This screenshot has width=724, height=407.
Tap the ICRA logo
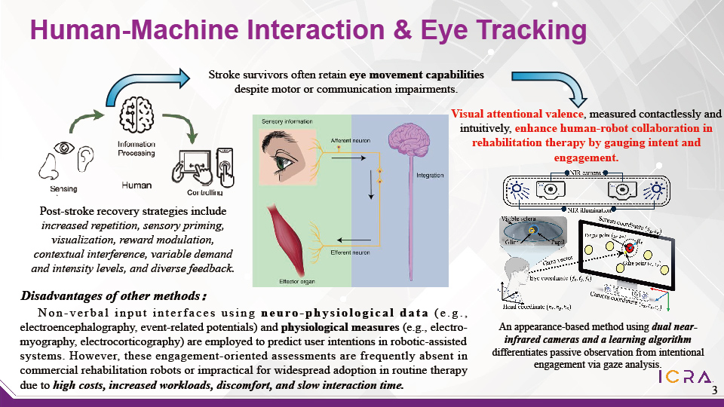[x=684, y=377]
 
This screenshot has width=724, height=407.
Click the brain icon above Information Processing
[x=136, y=114]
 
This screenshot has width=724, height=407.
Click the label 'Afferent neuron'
[x=348, y=141]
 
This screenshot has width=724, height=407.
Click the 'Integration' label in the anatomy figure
[x=430, y=176]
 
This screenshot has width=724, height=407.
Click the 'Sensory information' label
[x=287, y=121]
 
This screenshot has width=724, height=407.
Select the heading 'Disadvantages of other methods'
[x=113, y=294]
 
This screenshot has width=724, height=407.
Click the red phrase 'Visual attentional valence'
[x=517, y=114]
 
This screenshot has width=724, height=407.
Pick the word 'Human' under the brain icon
[x=137, y=185]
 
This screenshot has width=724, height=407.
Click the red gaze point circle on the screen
[x=630, y=249]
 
